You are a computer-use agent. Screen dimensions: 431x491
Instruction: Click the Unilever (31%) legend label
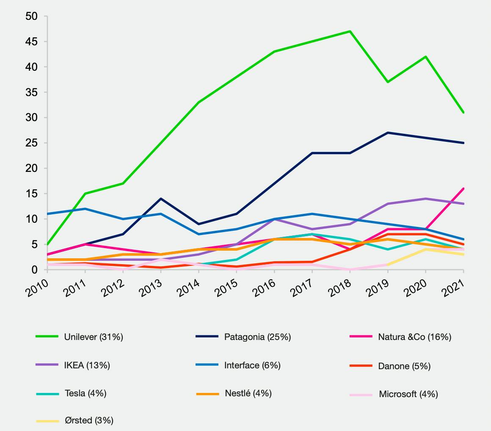point(94,337)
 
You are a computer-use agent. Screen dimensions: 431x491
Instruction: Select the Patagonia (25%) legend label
point(257,337)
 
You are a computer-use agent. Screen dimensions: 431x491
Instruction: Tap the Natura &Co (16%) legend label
point(414,337)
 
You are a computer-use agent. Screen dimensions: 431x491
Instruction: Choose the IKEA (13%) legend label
point(87,365)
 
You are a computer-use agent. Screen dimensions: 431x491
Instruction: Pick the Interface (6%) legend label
point(252,365)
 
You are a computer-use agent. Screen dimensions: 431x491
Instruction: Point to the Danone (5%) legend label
point(404,366)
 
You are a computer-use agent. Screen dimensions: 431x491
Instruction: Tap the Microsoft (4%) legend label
point(408,394)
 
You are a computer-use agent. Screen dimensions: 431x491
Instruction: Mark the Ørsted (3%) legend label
point(89,421)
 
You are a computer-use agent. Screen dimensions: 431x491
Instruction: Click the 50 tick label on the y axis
point(31,17)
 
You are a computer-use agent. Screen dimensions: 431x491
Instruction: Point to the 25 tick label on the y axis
point(31,143)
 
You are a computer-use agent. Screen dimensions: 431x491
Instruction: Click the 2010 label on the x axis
point(37,288)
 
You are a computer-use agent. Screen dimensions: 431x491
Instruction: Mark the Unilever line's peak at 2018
point(350,31)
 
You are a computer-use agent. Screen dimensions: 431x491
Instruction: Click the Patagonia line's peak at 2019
point(388,133)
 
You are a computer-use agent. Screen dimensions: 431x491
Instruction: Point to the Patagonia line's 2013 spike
point(161,199)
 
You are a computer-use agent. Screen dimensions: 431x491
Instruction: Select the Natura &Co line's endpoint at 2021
point(463,189)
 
